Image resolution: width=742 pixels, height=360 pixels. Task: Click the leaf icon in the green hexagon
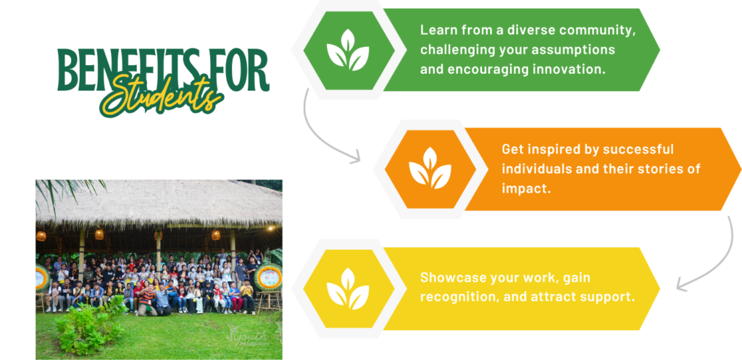pos(348,50)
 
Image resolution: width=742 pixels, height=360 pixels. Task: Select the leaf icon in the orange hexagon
pos(430,168)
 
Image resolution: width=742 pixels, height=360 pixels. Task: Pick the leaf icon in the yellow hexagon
pos(348,288)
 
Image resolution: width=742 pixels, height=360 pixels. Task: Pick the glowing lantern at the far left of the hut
pos(41,235)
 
